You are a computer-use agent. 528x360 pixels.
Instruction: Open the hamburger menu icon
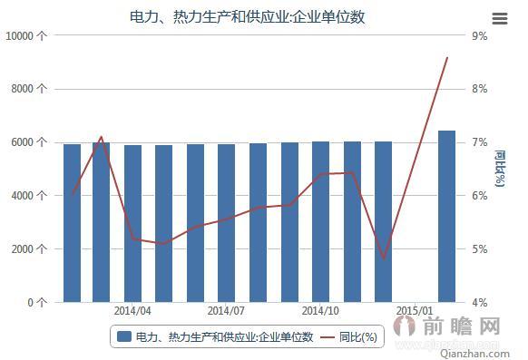pyautogui.click(x=499, y=18)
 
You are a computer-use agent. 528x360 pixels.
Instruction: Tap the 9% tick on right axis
pyautogui.click(x=479, y=35)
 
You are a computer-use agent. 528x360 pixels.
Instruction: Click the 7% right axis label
pyautogui.click(x=479, y=142)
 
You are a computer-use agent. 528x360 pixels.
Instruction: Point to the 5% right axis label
pyautogui.click(x=479, y=249)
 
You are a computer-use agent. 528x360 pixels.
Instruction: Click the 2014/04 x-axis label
pyautogui.click(x=132, y=310)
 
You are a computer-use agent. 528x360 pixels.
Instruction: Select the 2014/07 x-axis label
pyautogui.click(x=226, y=310)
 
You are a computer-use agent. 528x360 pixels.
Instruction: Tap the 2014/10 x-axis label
pyautogui.click(x=320, y=310)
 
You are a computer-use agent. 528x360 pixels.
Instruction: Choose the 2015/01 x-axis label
pyautogui.click(x=415, y=310)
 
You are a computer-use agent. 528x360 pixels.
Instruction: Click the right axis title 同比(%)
pyautogui.click(x=500, y=169)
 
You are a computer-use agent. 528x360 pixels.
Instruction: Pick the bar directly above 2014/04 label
pyautogui.click(x=132, y=223)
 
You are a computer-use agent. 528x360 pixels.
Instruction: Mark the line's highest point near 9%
pyautogui.click(x=447, y=57)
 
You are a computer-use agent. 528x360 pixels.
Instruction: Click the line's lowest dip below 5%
pyautogui.click(x=384, y=258)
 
